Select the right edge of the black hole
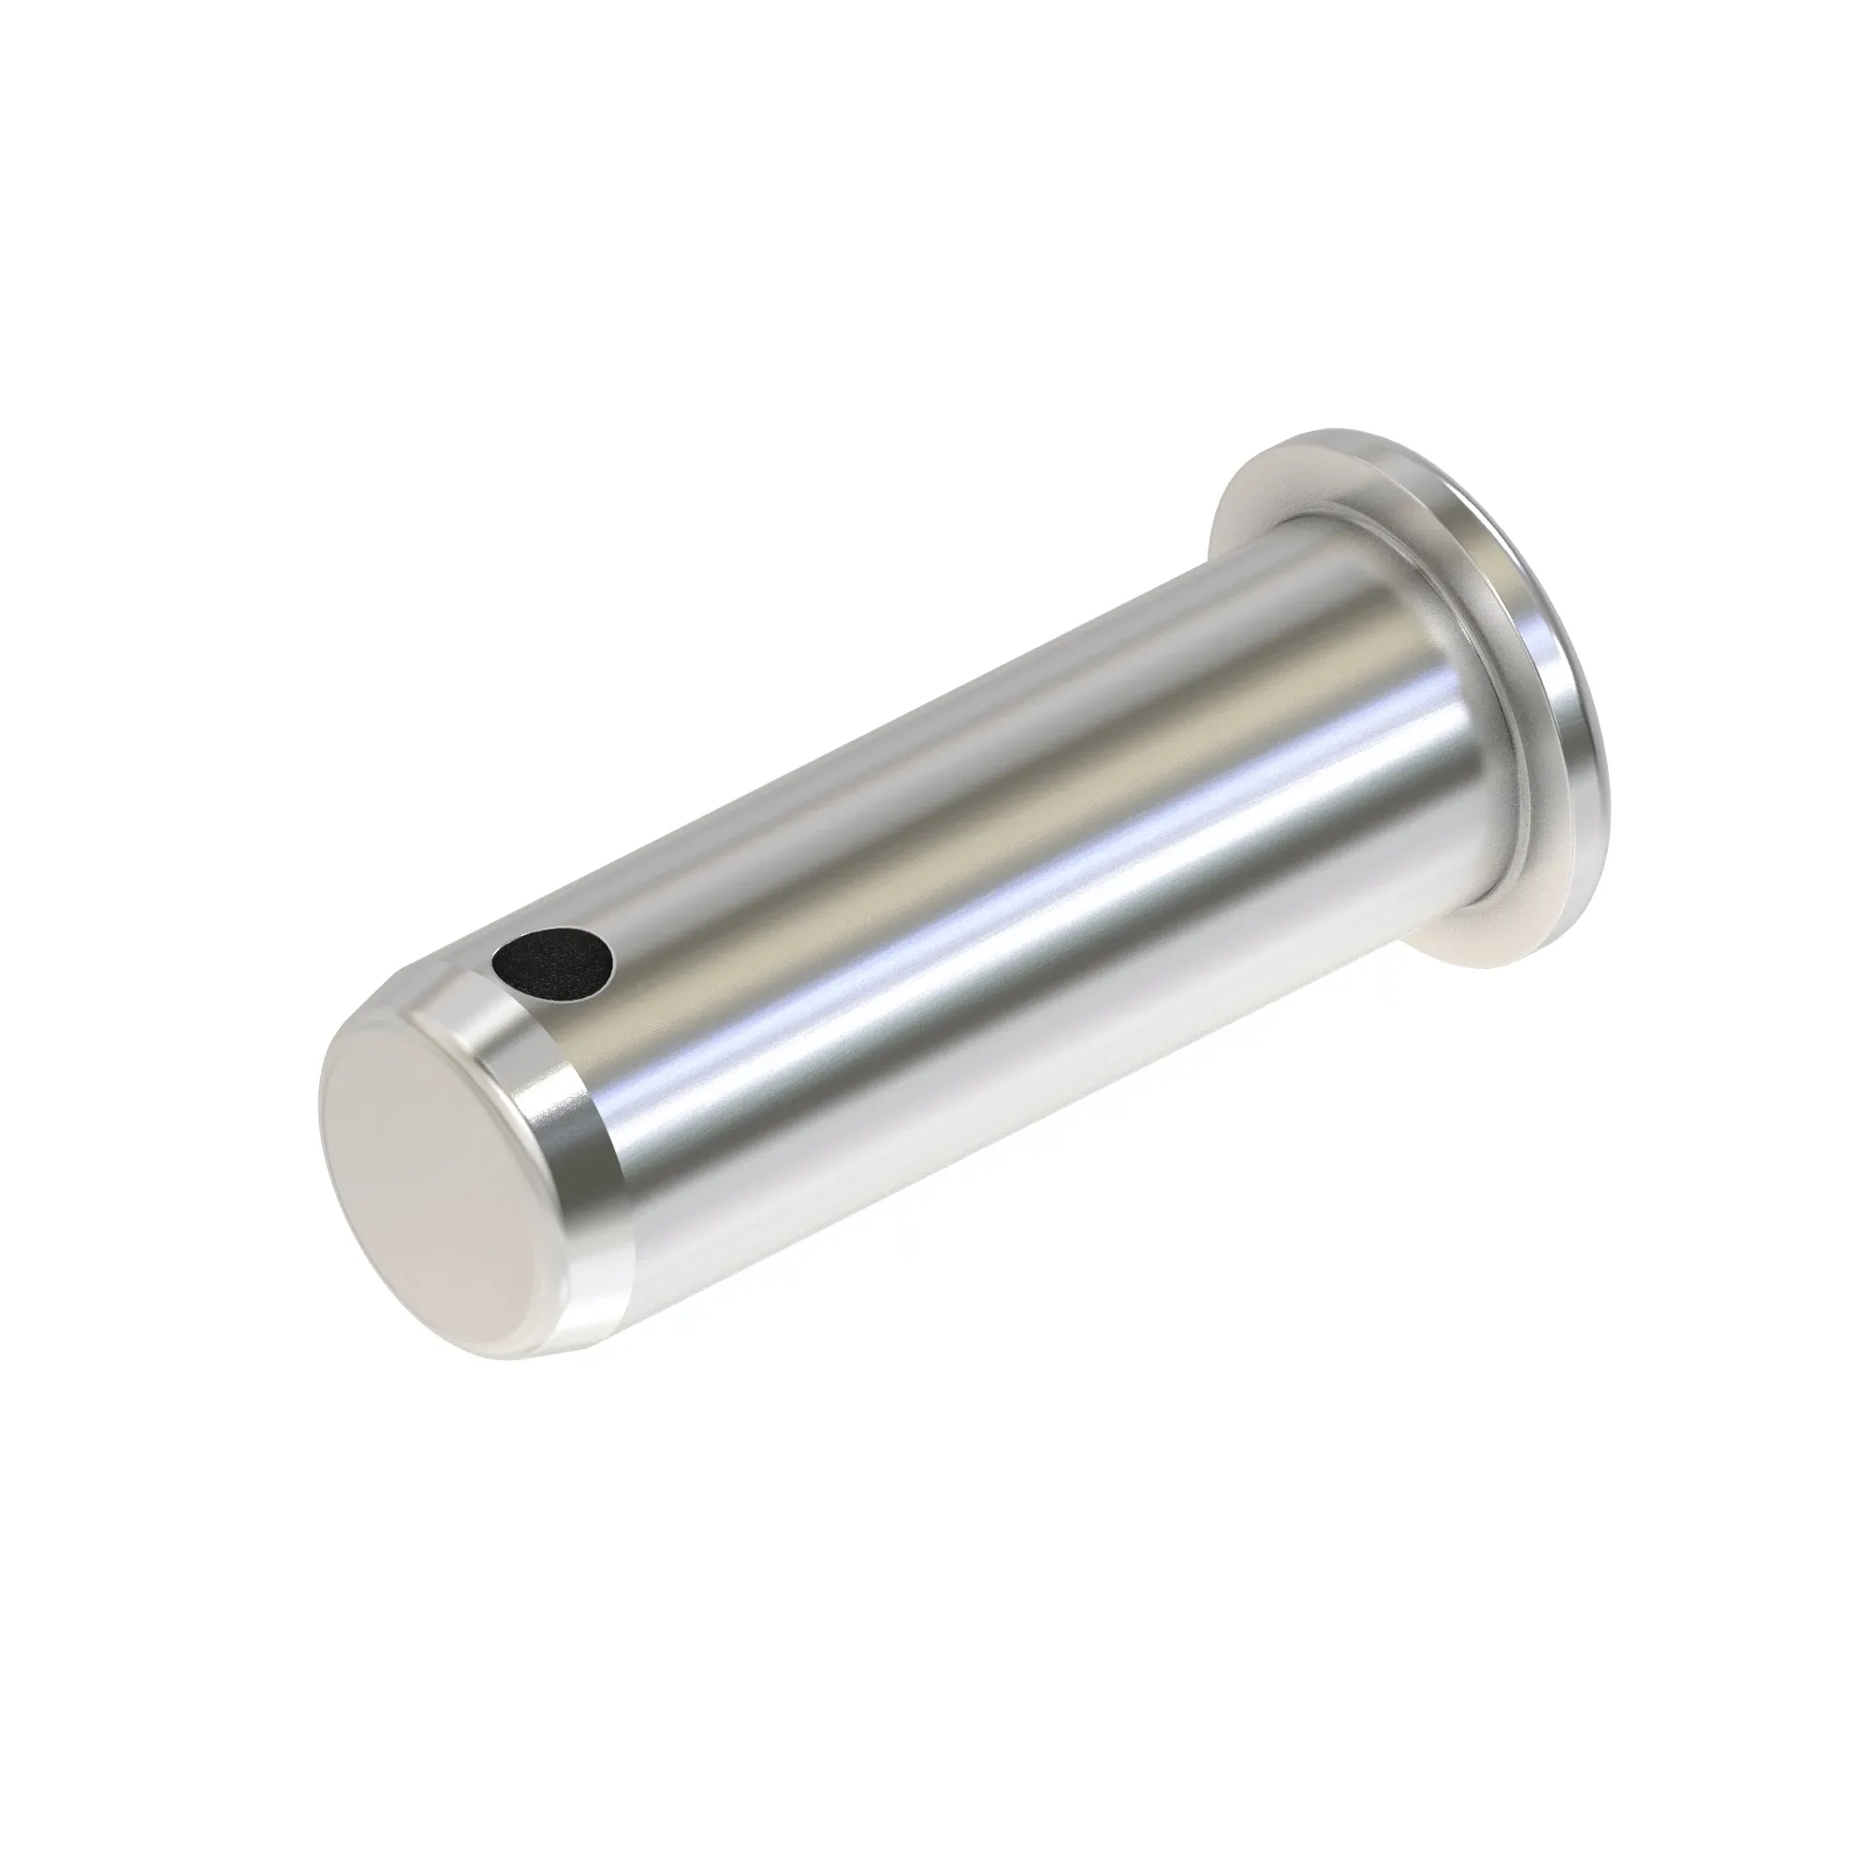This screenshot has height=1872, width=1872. pos(613,959)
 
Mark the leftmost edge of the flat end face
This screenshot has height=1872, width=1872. pos(320,1095)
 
